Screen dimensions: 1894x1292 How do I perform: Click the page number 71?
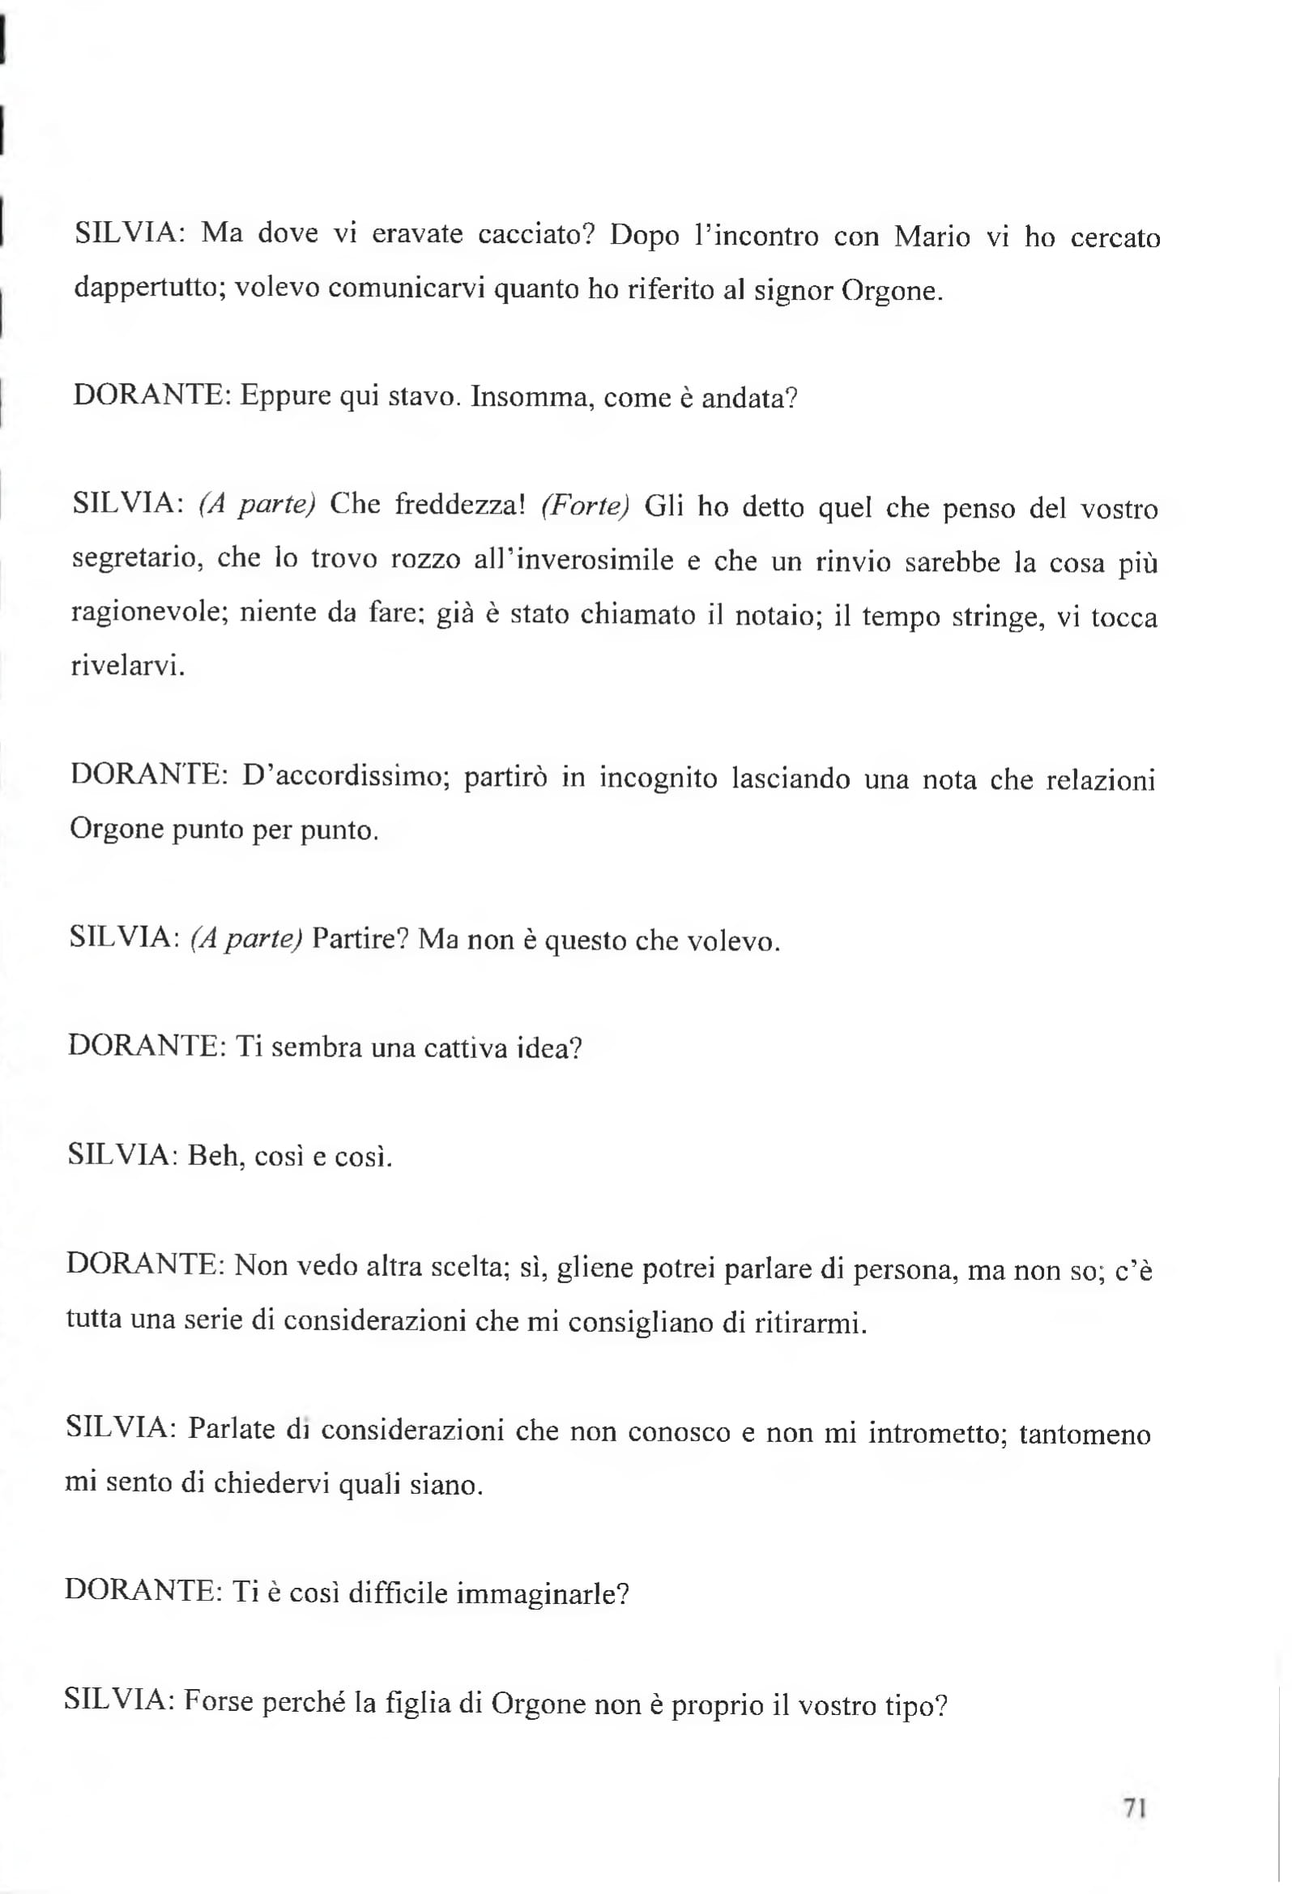1136,1807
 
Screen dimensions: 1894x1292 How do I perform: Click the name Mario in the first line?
932,237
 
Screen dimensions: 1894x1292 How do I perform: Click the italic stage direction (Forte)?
586,506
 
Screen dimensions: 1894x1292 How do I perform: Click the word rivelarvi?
128,668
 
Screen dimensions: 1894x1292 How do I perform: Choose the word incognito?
659,779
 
